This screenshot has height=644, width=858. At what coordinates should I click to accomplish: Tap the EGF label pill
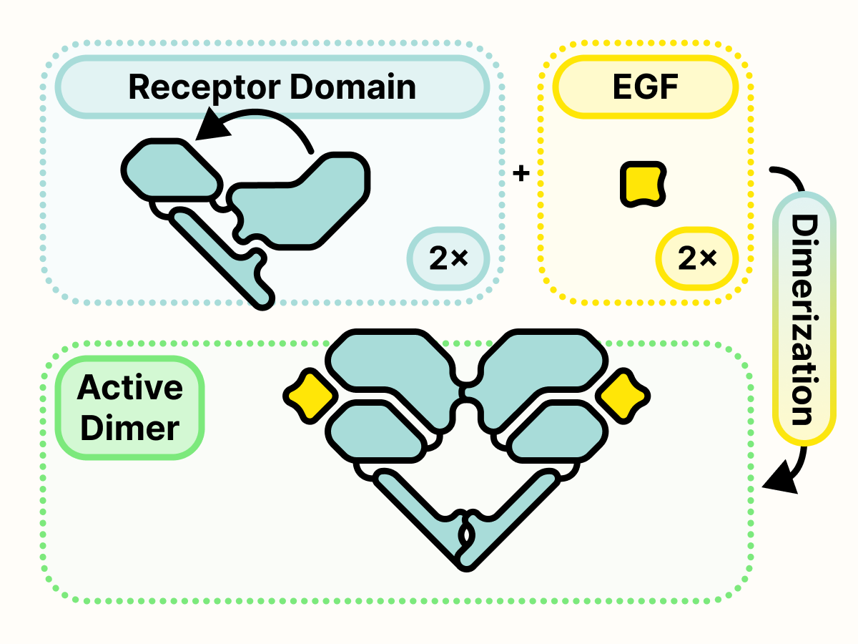pos(646,87)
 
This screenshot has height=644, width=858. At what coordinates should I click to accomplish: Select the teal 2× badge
pos(448,258)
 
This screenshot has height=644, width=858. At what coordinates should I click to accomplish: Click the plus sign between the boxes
pos(522,173)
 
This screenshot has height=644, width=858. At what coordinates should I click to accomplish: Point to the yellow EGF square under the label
pos(642,184)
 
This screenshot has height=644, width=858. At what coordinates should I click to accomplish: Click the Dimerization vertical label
pos(804,318)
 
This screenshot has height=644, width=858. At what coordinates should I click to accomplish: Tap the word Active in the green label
pos(130,388)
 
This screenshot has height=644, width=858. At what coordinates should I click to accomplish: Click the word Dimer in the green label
pos(130,428)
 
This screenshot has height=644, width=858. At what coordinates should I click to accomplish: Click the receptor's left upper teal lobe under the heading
pos(170,170)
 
